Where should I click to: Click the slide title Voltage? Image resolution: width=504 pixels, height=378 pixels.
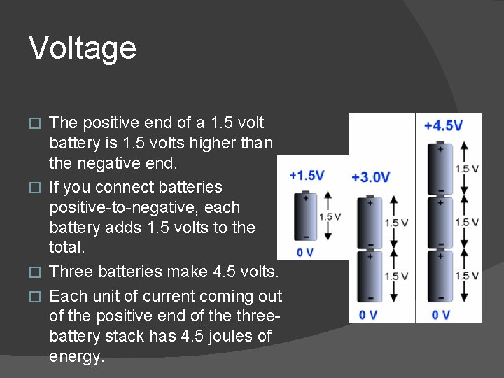(x=83, y=48)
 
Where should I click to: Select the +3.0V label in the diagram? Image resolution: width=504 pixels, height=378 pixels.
(x=371, y=177)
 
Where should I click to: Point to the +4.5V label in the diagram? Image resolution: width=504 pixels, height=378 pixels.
(x=444, y=126)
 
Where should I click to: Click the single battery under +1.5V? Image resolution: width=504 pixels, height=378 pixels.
(x=305, y=217)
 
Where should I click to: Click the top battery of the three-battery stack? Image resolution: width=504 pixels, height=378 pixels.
(x=440, y=169)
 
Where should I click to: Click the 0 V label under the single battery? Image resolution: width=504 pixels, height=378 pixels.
(x=305, y=252)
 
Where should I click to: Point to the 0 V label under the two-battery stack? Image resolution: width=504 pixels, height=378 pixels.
(x=369, y=315)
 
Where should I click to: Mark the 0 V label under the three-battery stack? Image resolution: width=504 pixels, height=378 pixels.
(x=441, y=315)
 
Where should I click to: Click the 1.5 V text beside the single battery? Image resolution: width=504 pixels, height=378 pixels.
(x=330, y=216)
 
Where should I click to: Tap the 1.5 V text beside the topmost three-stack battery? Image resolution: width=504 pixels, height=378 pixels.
(x=467, y=169)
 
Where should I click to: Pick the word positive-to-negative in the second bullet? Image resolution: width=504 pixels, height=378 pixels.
(x=144, y=207)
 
